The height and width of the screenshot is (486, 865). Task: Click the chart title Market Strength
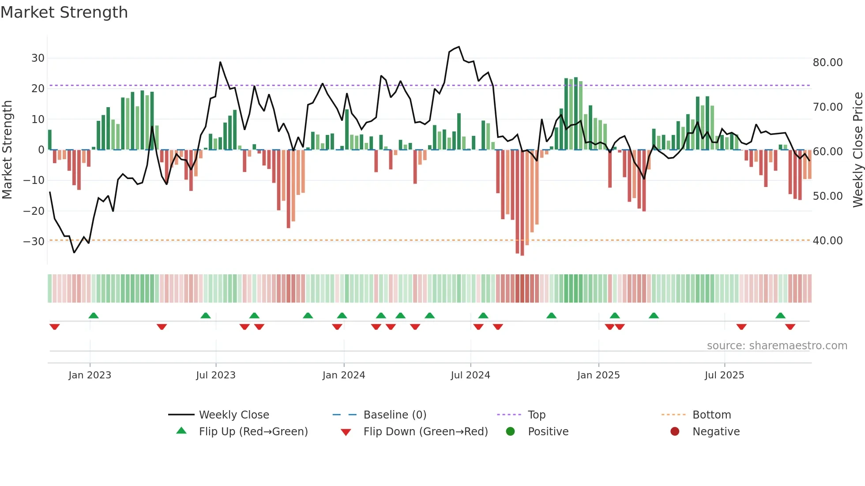tap(64, 12)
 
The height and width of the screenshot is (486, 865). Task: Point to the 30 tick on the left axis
tap(38, 58)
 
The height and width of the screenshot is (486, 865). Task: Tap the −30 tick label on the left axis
tap(34, 241)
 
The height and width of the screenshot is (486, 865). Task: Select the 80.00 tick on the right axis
tap(827, 63)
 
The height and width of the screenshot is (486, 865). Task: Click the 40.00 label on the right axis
tap(827, 241)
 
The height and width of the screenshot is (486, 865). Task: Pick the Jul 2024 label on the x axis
tap(470, 375)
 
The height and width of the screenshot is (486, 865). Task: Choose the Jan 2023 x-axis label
tap(90, 375)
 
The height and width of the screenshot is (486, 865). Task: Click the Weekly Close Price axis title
tap(857, 150)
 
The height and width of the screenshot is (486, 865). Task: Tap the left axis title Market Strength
tap(7, 150)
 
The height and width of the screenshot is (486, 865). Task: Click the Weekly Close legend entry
tap(233, 415)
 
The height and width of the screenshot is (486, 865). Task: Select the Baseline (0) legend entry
tap(395, 415)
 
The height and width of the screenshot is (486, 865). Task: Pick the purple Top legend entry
tap(536, 415)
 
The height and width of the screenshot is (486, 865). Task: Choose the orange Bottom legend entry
tap(711, 415)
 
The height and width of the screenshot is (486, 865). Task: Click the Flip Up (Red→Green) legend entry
tap(253, 432)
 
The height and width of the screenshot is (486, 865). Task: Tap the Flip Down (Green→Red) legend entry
tap(425, 432)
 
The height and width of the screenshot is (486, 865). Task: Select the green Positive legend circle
tap(510, 432)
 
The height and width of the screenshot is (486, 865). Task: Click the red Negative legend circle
tap(675, 432)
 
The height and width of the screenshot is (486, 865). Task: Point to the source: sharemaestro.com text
tap(777, 346)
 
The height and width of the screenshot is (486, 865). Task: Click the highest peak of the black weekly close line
tap(459, 47)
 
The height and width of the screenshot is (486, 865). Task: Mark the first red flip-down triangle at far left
tap(55, 327)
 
